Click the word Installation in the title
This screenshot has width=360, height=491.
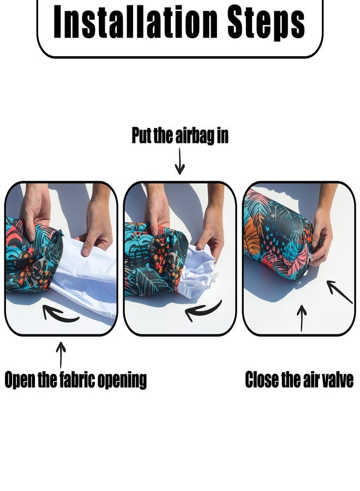pos(135,22)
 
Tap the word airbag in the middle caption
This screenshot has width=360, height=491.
pos(195,136)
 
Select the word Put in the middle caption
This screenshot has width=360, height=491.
pos(141,136)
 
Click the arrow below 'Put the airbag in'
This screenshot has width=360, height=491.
pos(179,161)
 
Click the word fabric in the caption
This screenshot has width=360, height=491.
pos(77,379)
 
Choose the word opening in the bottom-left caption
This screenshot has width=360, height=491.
pos(122,380)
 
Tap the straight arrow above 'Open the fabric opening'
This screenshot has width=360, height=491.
pos(61,355)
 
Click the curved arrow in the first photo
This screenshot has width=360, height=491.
pos(59,314)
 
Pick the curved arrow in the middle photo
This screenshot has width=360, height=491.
pos(203,310)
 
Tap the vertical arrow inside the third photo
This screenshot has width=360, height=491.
pos(302,318)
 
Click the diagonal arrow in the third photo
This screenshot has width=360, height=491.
pos(340,292)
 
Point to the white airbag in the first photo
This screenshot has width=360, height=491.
pos(88,276)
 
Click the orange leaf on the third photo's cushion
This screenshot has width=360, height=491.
pos(253,236)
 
